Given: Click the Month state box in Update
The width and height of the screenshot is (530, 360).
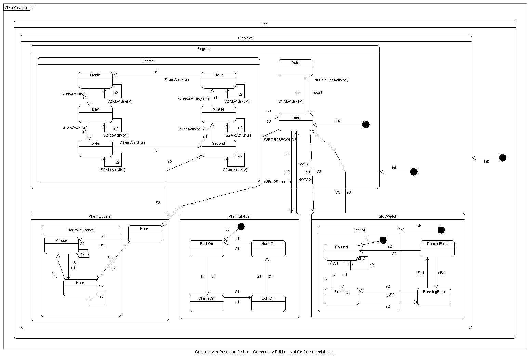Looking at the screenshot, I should [95, 79].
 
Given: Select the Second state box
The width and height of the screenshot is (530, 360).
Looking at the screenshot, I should [218, 148].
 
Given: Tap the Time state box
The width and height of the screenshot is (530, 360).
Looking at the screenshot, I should [295, 122].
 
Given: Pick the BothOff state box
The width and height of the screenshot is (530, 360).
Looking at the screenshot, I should [207, 248].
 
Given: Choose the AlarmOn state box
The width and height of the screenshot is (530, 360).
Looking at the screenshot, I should [268, 248].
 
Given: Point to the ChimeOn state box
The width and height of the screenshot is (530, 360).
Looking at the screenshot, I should [207, 303].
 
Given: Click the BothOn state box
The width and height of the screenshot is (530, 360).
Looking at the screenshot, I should [268, 303].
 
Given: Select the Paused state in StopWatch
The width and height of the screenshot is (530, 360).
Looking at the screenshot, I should [341, 252].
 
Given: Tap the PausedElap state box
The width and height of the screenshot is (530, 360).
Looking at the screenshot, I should [437, 248].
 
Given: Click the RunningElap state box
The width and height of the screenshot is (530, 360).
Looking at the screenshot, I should [434, 296].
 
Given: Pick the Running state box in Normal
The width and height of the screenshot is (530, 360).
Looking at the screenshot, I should [341, 296].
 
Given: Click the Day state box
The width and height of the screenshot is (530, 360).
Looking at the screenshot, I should [95, 114].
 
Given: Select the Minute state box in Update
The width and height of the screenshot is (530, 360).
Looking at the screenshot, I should [218, 114].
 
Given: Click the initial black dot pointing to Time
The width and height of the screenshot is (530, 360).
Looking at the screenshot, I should [366, 125].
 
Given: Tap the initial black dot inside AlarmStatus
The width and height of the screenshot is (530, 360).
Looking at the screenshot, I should [241, 226].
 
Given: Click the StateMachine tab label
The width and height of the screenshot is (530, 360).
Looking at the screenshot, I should [16, 7].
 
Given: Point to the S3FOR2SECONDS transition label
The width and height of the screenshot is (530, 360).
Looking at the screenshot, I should [280, 140].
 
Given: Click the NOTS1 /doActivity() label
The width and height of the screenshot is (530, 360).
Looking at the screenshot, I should [331, 80].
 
